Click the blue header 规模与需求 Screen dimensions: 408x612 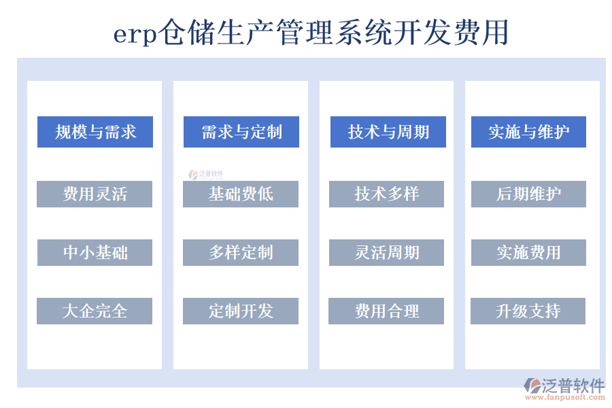pos(95,132)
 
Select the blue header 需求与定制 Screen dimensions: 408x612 pos(241,132)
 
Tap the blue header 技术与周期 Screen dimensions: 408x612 pos(388,132)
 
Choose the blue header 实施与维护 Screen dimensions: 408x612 pos(528,132)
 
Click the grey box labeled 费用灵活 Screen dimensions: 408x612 pos(95,194)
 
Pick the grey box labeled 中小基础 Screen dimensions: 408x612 pos(95,252)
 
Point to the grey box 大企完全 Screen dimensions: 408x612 pos(95,311)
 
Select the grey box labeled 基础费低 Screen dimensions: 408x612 pos(241,194)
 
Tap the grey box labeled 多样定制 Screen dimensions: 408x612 pos(241,252)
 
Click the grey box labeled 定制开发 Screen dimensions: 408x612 pos(241,311)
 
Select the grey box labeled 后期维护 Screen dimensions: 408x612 pos(528,194)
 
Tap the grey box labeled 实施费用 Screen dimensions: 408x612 pos(528,252)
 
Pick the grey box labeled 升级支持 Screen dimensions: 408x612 pos(528,311)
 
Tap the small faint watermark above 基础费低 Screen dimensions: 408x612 pos(207,175)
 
